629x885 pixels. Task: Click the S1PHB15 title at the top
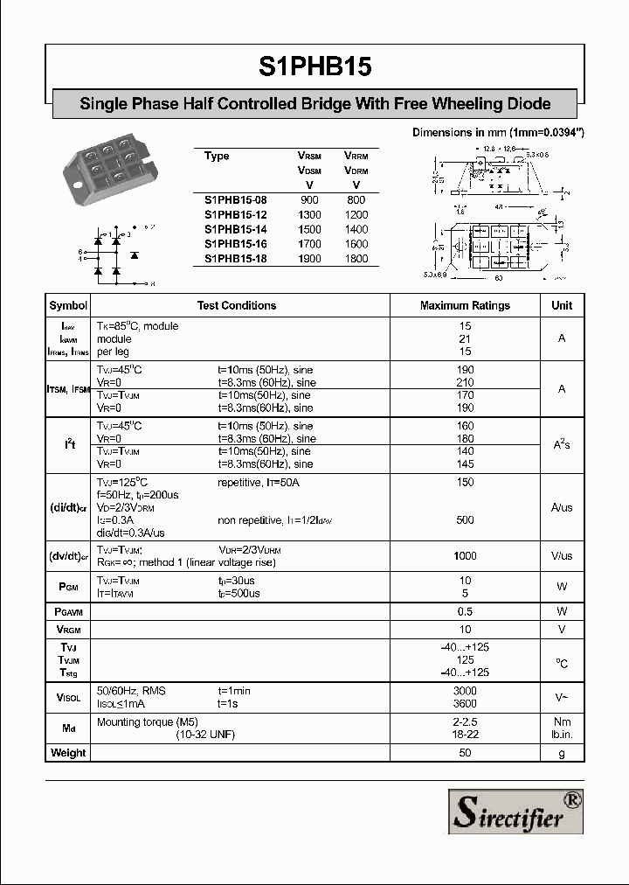point(314,66)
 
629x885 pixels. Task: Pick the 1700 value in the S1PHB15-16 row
point(309,244)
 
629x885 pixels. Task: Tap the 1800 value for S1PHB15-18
point(356,259)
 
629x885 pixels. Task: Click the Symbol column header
point(68,306)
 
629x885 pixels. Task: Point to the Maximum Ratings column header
point(465,306)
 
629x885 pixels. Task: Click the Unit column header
point(562,306)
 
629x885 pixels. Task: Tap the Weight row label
point(68,753)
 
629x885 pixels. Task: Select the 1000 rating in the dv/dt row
point(465,556)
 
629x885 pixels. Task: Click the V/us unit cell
point(562,556)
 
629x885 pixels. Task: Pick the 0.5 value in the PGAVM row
point(465,611)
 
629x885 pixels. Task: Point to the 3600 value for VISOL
point(465,704)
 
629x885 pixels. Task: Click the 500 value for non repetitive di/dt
point(465,520)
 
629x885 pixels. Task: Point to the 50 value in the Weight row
point(465,753)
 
